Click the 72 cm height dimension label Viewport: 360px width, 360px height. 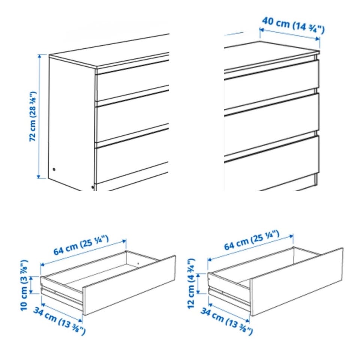[x=33, y=116]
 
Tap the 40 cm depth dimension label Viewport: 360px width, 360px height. [x=293, y=25]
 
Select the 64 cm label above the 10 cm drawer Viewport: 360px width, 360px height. [x=81, y=245]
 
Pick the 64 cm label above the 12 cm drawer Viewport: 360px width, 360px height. [x=252, y=240]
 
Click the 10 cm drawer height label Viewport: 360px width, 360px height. [x=24, y=285]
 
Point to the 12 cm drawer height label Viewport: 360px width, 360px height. [x=191, y=283]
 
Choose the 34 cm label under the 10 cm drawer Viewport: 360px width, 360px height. [x=60, y=321]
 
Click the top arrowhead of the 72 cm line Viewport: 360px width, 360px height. [x=39, y=56]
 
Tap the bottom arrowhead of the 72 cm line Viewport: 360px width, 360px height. [x=39, y=176]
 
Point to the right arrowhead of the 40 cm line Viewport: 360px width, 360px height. [x=318, y=39]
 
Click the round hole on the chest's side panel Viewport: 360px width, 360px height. [x=54, y=169]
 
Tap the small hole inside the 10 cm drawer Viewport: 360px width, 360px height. [x=138, y=264]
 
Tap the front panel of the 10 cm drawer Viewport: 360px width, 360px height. [x=129, y=285]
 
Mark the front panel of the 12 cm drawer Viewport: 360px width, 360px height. [x=297, y=282]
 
